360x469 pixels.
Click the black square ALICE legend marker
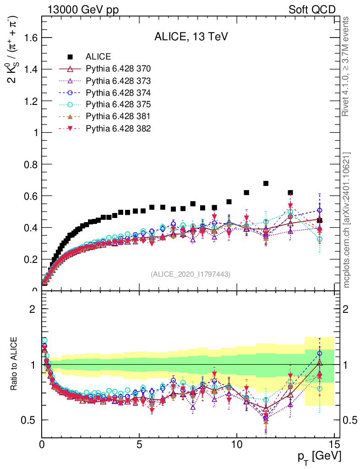[x=70, y=57]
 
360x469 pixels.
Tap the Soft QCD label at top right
[x=312, y=10]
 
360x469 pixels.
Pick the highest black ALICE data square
[x=266, y=183]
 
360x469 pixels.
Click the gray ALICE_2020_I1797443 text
[x=191, y=274]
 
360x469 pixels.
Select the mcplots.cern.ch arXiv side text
[x=347, y=220]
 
